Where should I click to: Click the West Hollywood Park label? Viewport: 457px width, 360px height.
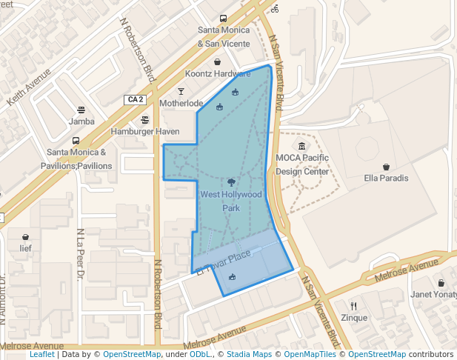click(231, 201)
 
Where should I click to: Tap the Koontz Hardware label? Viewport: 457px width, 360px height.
click(217, 73)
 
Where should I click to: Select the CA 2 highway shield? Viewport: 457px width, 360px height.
click(135, 99)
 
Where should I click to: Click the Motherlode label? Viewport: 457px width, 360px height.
click(181, 103)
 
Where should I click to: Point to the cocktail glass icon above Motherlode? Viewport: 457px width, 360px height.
click(181, 91)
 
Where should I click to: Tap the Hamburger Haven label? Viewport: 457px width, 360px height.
click(145, 131)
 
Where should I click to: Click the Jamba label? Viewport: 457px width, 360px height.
click(81, 121)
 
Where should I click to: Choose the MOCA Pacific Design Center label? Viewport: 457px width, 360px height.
click(302, 164)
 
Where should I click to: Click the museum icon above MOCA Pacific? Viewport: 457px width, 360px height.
click(301, 146)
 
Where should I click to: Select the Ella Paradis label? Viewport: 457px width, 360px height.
click(387, 178)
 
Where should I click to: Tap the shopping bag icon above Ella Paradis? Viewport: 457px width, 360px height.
click(387, 166)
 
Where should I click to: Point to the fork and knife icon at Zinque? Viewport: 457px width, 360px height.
click(354, 305)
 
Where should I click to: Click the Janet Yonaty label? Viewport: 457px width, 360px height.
click(433, 294)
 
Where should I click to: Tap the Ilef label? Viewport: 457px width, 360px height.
click(26, 248)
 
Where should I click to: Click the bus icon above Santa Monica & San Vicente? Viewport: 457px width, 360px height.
click(223, 19)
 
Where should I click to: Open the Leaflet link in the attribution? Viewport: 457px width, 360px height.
click(42, 355)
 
